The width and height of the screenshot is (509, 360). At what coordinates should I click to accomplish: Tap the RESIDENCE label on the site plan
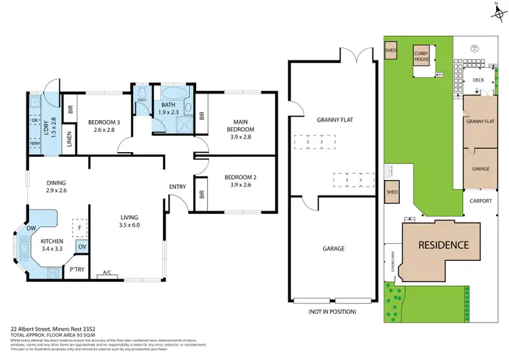(442, 245)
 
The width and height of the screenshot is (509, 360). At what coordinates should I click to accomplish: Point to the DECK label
(478, 79)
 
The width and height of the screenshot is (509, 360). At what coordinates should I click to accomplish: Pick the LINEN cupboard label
(70, 138)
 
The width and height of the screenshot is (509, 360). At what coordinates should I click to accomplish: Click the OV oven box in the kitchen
(83, 247)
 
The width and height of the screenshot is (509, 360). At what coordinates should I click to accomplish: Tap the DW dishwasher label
(31, 229)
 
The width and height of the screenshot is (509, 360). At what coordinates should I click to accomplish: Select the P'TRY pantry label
(77, 270)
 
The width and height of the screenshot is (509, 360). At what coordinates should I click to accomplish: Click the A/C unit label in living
(107, 274)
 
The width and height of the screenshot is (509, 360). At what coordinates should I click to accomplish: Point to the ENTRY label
(178, 187)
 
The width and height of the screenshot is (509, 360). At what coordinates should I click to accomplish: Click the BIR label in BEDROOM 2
(202, 193)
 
